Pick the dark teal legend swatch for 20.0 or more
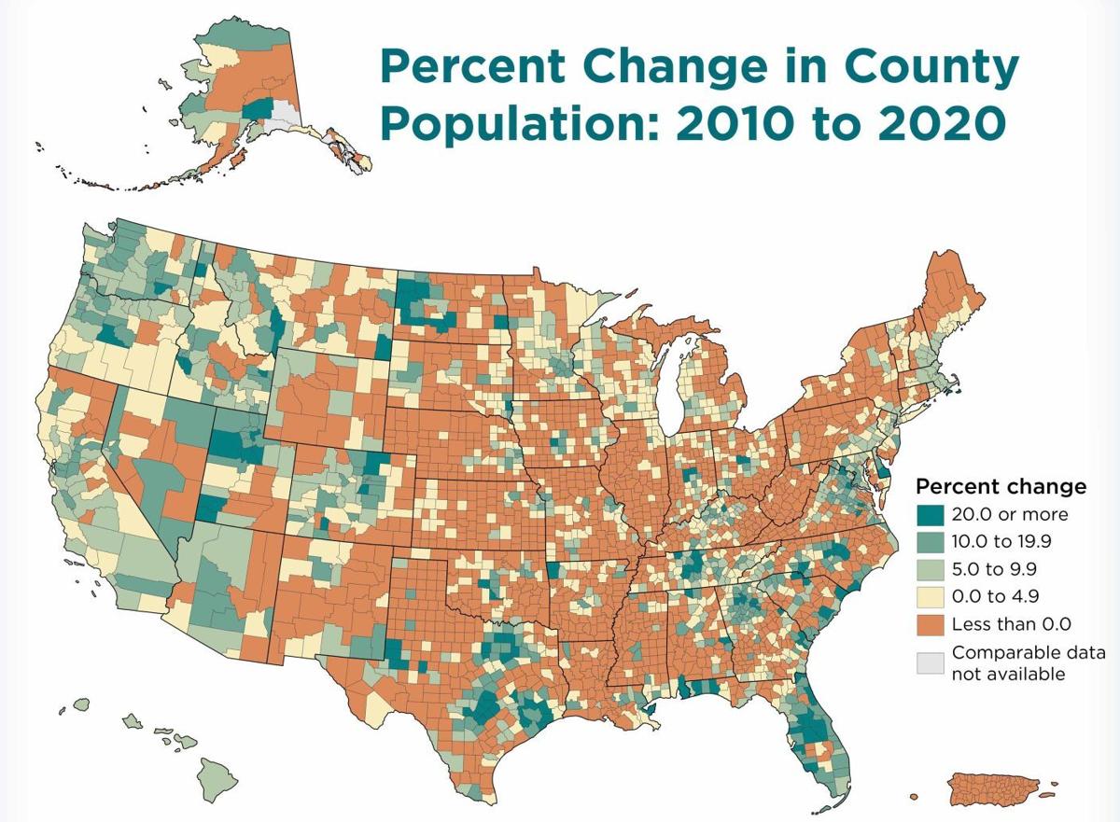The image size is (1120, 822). pos(929,514)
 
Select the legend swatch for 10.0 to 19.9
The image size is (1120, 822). pos(929,541)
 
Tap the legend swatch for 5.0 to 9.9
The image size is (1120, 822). pos(929,568)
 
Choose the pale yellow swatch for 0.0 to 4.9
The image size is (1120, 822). pos(929,595)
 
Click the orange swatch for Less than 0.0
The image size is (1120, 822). pos(929,622)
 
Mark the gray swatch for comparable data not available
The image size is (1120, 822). pos(929,662)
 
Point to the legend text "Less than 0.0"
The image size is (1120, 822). pos(1012,623)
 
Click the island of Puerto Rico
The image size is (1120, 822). pos(995,789)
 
